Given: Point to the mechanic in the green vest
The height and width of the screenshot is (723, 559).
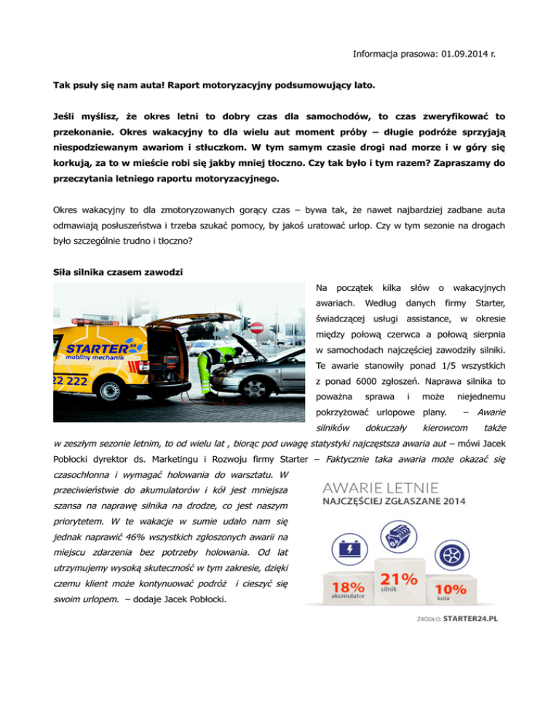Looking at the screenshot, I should [212, 372].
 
